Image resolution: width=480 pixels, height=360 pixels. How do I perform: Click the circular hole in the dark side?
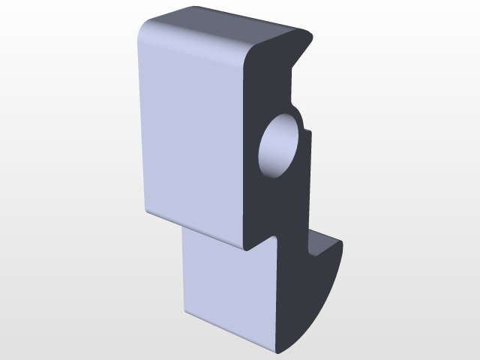click(x=280, y=146)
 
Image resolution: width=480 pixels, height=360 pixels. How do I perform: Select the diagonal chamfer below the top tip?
click(x=299, y=56)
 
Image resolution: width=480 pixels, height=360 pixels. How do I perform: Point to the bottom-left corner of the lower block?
click(x=183, y=315)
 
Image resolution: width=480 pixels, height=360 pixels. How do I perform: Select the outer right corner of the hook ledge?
click(x=341, y=242)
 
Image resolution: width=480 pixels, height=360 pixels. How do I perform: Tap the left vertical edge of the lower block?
click(x=182, y=270)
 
